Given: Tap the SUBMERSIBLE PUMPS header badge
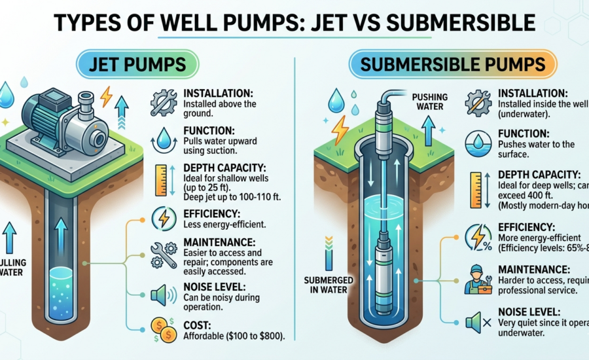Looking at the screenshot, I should [x=452, y=66].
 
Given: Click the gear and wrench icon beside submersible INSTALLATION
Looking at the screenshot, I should [x=478, y=102].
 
